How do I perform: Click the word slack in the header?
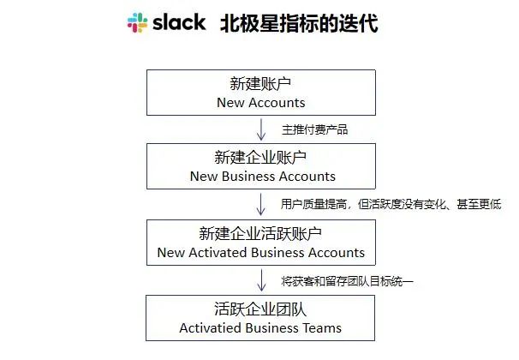[x=179, y=22]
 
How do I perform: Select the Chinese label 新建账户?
[x=260, y=83]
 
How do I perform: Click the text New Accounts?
[x=261, y=103]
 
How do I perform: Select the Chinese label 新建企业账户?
[x=260, y=158]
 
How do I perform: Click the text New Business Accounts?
[x=261, y=177]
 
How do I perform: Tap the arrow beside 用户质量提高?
[x=261, y=205]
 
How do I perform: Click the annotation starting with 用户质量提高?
[x=391, y=205]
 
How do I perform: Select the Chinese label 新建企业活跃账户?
[x=260, y=233]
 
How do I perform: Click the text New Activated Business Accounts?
[x=261, y=253]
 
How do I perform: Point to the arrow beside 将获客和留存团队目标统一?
[x=261, y=280]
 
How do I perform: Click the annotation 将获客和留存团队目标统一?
[x=348, y=280]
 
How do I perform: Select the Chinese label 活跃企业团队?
[x=260, y=309]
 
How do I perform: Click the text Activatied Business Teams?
[x=261, y=328]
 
